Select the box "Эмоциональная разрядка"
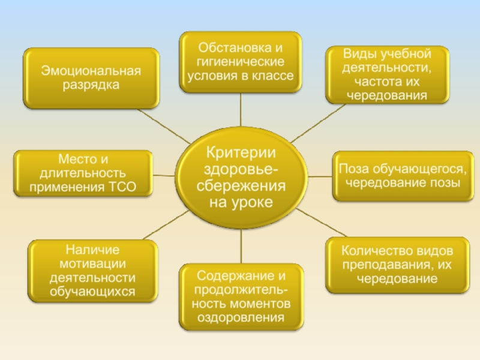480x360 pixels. pyautogui.click(x=91, y=79)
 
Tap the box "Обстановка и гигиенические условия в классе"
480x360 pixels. pyautogui.click(x=241, y=62)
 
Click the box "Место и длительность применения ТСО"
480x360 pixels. pyautogui.click(x=83, y=174)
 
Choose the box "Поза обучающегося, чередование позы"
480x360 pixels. pyautogui.click(x=398, y=175)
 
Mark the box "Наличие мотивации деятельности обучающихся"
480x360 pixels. pyautogui.click(x=92, y=271)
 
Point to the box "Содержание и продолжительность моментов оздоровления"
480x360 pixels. pyautogui.click(x=241, y=296)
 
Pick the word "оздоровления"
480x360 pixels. pyautogui.click(x=241, y=318)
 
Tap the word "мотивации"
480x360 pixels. pyautogui.click(x=93, y=264)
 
